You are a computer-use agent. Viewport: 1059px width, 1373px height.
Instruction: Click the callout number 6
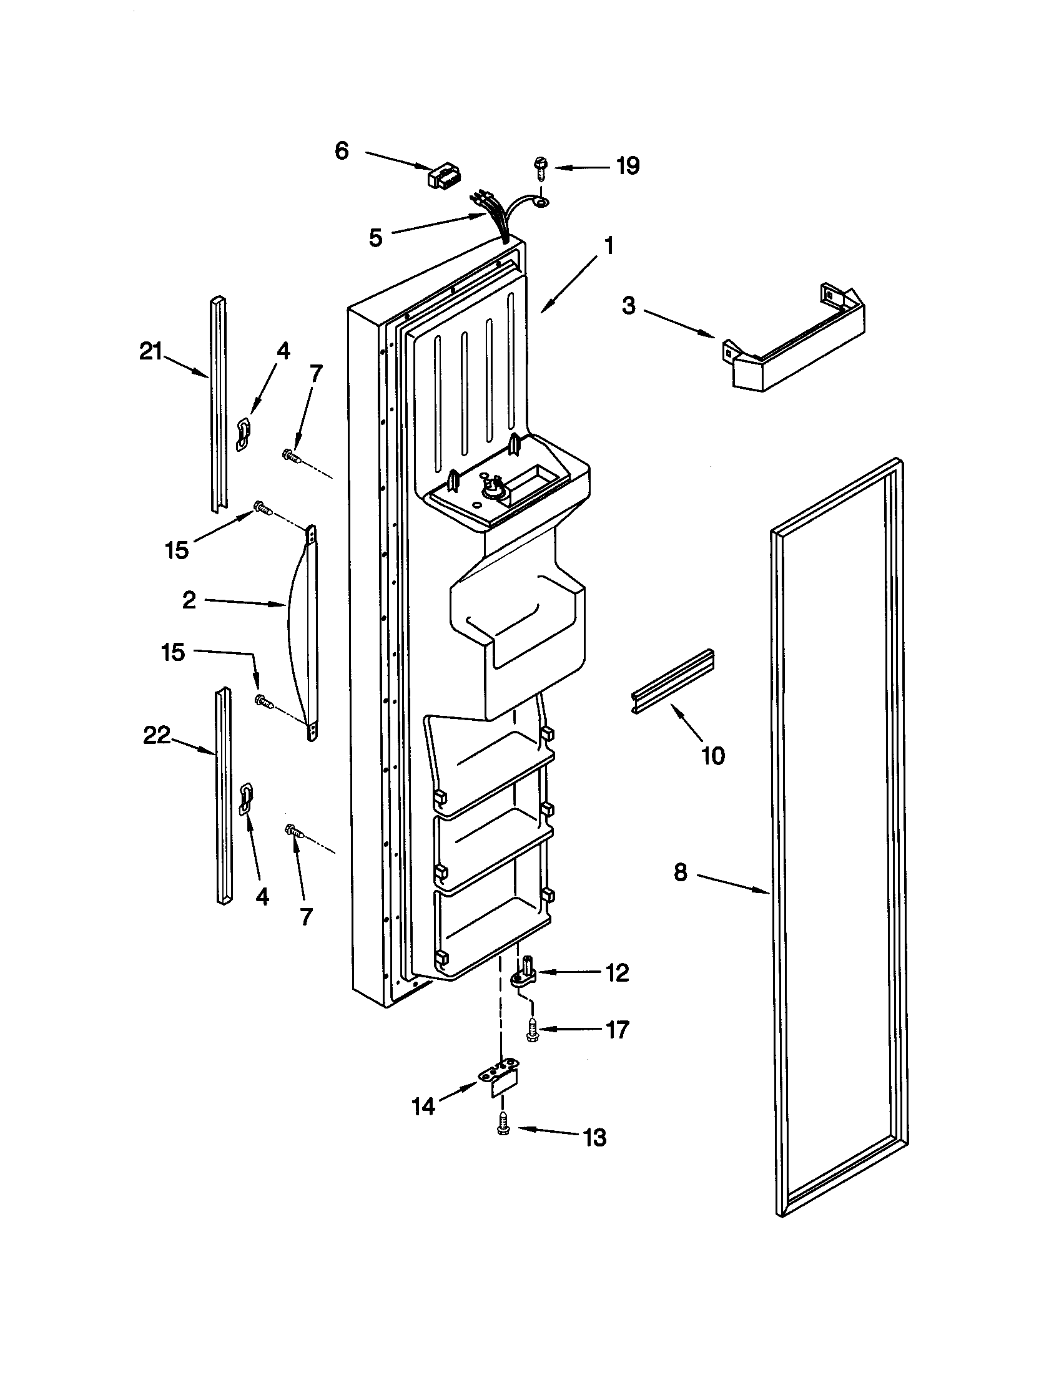click(342, 151)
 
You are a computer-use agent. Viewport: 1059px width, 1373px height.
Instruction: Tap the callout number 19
click(627, 166)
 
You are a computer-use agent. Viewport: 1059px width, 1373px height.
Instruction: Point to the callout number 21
click(151, 353)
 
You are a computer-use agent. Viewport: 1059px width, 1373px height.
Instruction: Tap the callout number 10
click(712, 756)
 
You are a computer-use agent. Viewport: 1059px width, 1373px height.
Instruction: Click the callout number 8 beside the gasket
click(681, 872)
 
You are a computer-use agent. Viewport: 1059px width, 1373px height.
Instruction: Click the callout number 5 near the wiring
click(375, 238)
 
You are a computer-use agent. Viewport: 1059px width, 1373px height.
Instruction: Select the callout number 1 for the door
click(608, 246)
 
